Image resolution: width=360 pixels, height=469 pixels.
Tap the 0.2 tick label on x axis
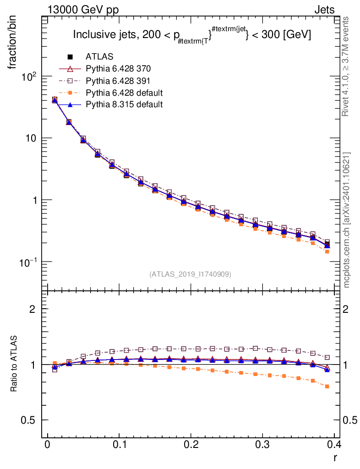191,445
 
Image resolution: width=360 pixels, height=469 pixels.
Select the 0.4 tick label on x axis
334,445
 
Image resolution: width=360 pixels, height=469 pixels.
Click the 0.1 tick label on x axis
119,445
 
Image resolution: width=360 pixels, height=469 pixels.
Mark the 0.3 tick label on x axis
262,445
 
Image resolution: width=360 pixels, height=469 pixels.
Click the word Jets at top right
324,11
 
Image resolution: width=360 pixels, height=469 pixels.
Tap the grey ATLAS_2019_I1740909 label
190,274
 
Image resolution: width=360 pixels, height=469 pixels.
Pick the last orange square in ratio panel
327,387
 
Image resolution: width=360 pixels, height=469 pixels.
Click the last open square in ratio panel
327,357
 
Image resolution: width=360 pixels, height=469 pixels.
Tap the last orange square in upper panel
327,251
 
